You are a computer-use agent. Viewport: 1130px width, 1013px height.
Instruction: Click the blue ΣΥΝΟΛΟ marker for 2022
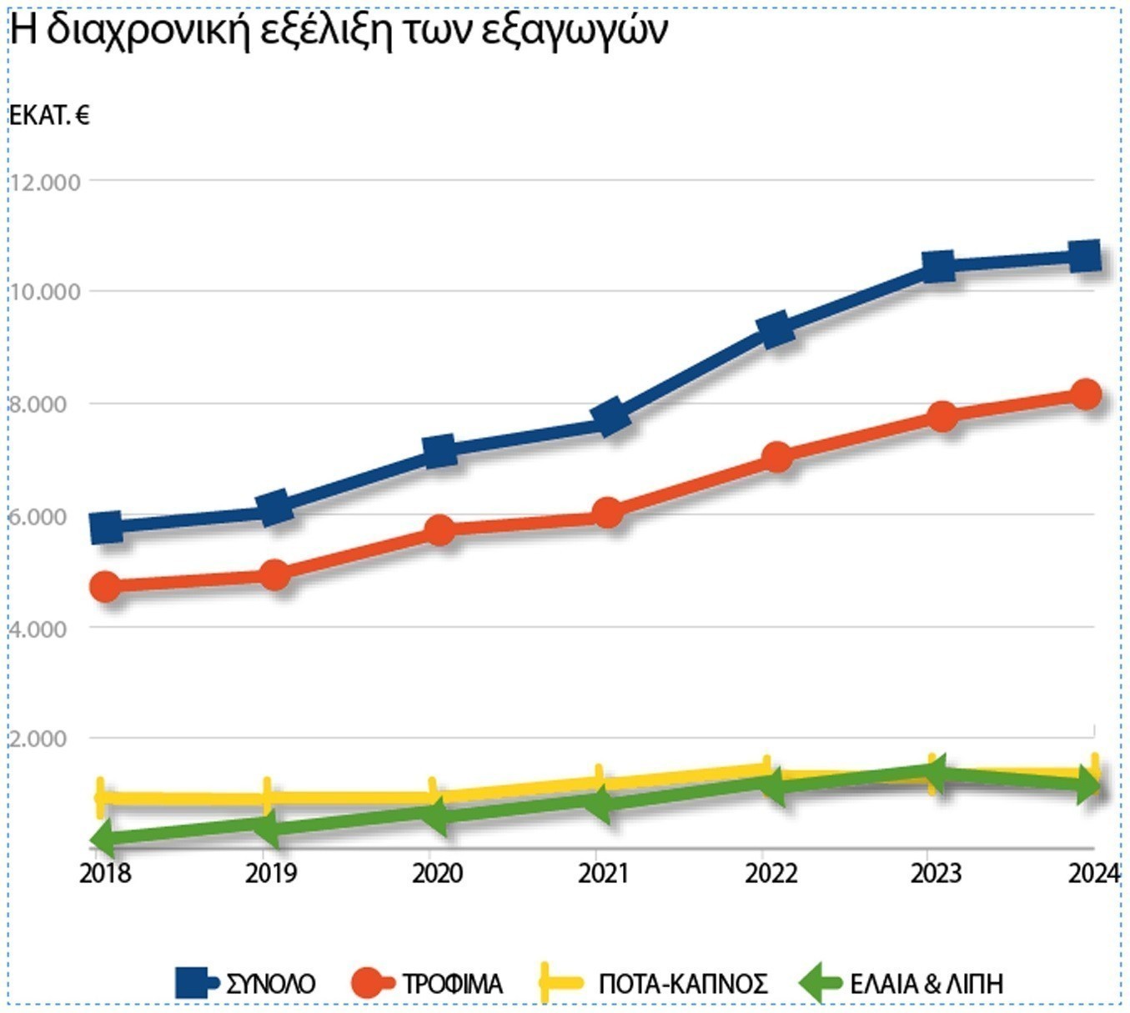click(x=776, y=328)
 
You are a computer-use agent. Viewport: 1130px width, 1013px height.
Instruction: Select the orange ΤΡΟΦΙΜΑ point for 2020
click(x=439, y=529)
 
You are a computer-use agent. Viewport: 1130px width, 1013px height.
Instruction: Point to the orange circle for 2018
click(x=106, y=586)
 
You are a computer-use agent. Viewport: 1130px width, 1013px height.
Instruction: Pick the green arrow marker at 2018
click(x=104, y=838)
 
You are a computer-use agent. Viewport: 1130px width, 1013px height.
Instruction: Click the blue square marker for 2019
click(x=274, y=507)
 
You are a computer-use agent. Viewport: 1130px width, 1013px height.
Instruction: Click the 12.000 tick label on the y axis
click(x=46, y=182)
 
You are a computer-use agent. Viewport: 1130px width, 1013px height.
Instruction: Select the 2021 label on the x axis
click(x=603, y=873)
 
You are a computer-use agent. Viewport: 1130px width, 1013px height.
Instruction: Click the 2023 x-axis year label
click(x=936, y=873)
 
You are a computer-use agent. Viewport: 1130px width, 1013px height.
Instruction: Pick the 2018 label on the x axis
click(x=106, y=873)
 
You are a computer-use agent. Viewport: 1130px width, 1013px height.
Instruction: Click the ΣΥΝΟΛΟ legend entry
click(x=270, y=984)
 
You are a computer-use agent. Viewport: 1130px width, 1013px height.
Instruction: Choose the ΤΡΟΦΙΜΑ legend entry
click(x=452, y=984)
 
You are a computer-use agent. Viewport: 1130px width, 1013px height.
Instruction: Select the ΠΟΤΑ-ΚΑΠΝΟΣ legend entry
click(x=682, y=984)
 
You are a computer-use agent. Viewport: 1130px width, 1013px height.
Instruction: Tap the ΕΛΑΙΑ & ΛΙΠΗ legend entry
click(x=926, y=984)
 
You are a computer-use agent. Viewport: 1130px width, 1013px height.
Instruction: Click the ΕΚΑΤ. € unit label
click(x=49, y=115)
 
